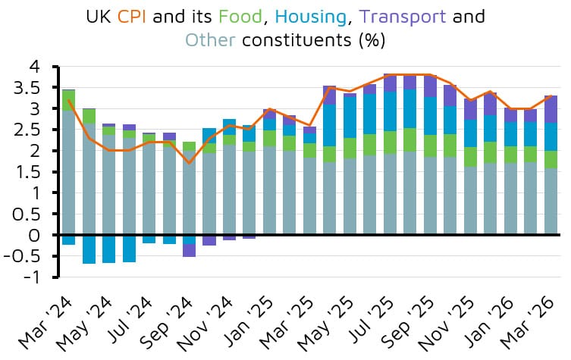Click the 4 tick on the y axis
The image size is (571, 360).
35,67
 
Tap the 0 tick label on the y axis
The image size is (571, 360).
35,236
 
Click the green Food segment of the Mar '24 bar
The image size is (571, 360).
68,101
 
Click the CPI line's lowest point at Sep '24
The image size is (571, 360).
189,163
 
